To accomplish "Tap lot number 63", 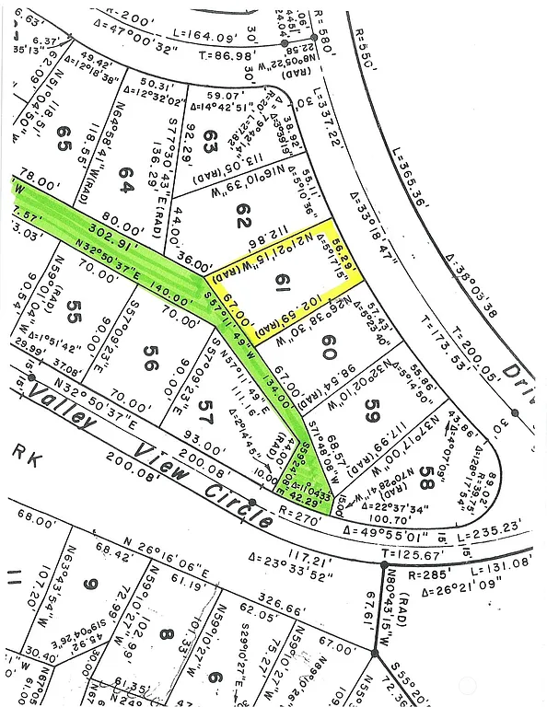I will (x=210, y=143).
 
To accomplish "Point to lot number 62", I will (x=242, y=217).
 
